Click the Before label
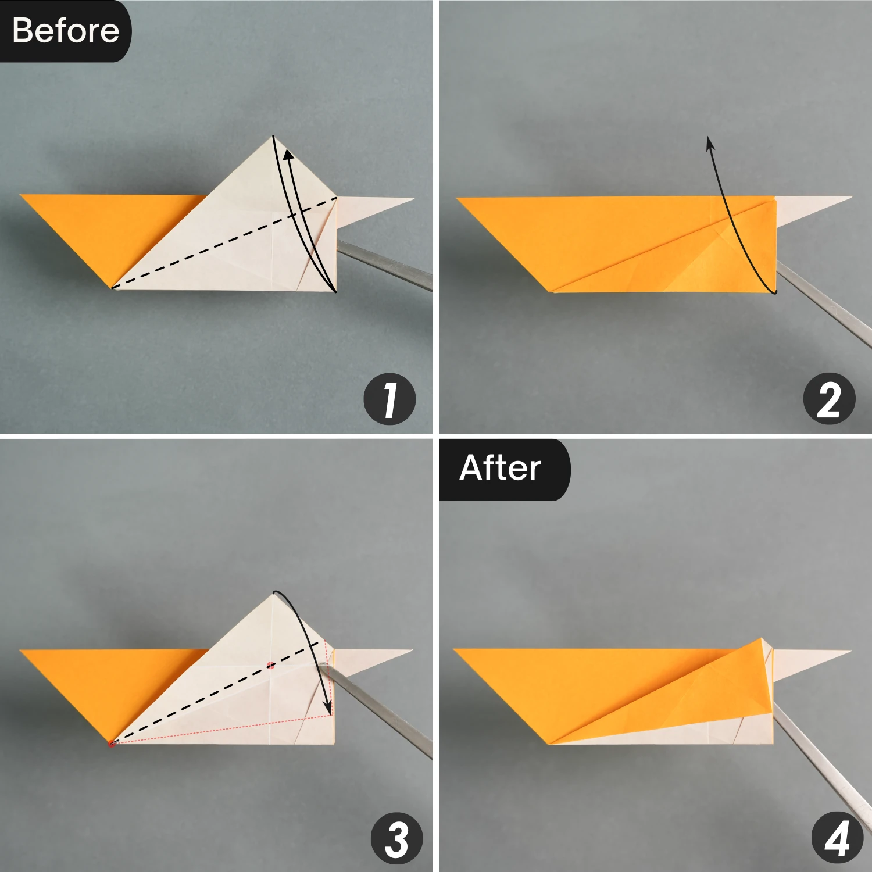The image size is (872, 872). (x=65, y=30)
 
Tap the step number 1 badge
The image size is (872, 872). (x=389, y=399)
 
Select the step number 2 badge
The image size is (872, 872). (x=829, y=399)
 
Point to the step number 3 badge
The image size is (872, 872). (x=396, y=838)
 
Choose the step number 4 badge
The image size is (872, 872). (x=837, y=838)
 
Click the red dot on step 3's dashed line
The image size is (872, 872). (x=271, y=665)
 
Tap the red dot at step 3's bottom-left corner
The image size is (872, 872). (x=112, y=743)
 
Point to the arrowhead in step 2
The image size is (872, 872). (x=710, y=144)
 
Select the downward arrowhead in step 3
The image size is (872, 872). (x=327, y=709)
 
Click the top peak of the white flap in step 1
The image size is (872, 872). (x=273, y=137)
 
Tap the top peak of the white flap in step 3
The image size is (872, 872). (x=273, y=594)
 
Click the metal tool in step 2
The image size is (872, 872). (x=825, y=302)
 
